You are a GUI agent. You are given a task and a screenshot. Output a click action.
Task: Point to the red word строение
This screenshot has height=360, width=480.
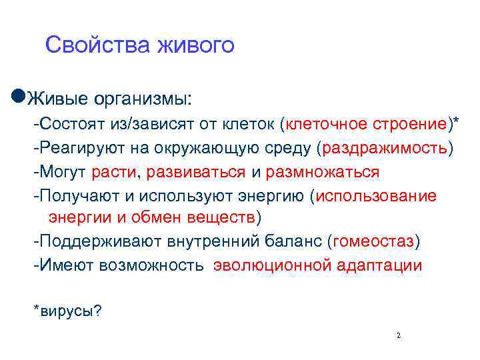[413, 123]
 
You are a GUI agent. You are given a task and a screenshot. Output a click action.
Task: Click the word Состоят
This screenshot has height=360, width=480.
[67, 123]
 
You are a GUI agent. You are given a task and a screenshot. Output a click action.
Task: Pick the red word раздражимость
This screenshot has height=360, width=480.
[385, 148]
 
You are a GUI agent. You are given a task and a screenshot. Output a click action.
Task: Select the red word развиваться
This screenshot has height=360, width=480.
[197, 172]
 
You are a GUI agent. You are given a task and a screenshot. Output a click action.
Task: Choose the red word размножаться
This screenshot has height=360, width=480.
[323, 172]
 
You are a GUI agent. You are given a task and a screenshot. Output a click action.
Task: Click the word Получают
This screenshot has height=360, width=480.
[71, 196]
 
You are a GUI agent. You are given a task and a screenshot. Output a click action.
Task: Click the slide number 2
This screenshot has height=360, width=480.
[398, 335]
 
